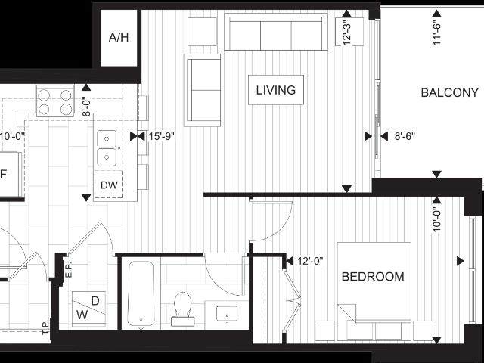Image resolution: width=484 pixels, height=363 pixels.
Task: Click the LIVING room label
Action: [275, 90]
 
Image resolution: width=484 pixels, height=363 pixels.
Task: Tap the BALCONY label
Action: [449, 93]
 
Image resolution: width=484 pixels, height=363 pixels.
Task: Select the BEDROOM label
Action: [373, 277]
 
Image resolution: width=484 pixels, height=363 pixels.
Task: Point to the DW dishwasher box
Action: [108, 185]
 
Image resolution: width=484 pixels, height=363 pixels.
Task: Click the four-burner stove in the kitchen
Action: [55, 102]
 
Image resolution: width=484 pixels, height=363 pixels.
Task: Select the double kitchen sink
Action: [107, 149]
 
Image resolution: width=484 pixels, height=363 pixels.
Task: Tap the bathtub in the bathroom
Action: [141, 293]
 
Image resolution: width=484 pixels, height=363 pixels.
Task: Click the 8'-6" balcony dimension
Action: [405, 137]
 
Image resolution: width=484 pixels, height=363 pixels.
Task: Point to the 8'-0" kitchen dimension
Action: [86, 103]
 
